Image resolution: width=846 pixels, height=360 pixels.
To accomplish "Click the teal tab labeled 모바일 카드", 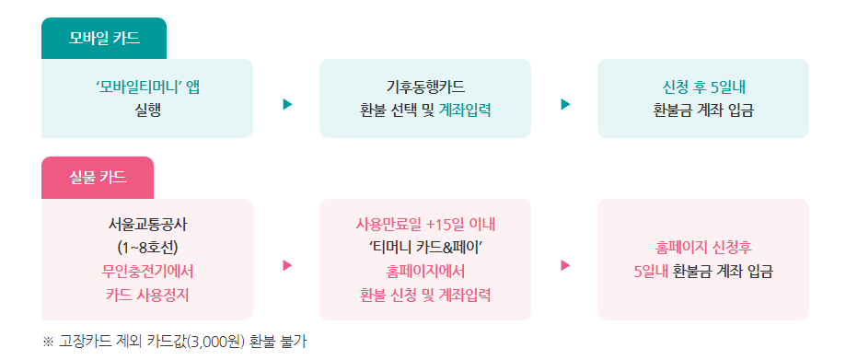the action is (x=104, y=39).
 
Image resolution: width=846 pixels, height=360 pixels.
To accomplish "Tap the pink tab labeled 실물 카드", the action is (x=98, y=177).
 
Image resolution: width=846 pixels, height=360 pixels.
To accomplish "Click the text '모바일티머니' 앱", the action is (x=147, y=87).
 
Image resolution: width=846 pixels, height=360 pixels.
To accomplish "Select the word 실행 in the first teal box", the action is (x=147, y=110).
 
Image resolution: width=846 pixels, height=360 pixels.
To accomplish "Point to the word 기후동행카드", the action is (x=425, y=87).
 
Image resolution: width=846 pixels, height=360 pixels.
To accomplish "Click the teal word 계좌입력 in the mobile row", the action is (x=465, y=110).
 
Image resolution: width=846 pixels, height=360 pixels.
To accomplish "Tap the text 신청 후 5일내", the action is (x=703, y=87).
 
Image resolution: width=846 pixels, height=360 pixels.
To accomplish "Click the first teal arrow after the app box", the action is (x=287, y=103).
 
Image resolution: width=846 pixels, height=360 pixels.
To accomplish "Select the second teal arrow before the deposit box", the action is (x=565, y=103).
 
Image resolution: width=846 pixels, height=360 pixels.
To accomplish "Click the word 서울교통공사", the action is (x=147, y=225).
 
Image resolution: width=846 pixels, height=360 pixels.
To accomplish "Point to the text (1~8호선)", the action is (x=147, y=248).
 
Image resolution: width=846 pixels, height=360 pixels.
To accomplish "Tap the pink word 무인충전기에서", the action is (x=147, y=272).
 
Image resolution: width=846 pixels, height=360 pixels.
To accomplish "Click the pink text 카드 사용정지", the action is (x=147, y=295).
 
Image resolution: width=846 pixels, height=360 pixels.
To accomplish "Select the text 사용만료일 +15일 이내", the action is (x=425, y=225).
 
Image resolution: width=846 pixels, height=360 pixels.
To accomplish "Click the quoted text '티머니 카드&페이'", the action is (x=425, y=248).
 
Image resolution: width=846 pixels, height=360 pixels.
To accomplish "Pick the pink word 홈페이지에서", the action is (x=425, y=272).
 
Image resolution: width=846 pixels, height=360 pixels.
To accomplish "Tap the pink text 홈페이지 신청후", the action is (x=703, y=248).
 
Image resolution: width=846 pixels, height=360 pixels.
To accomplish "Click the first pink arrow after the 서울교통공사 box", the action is (x=287, y=265).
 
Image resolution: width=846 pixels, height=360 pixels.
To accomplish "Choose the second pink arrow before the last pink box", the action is (x=565, y=265).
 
